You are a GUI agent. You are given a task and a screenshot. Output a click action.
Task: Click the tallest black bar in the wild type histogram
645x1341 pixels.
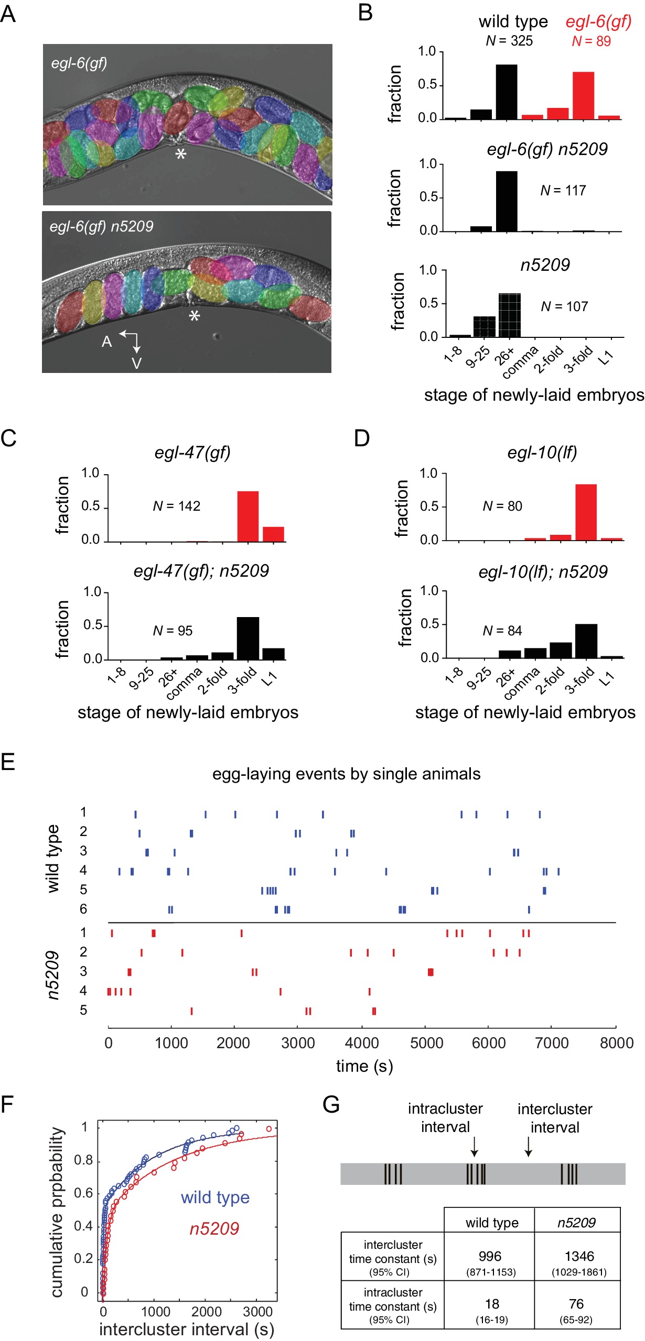click(506, 92)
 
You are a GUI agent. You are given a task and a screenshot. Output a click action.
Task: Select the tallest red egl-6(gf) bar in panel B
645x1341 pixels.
click(583, 95)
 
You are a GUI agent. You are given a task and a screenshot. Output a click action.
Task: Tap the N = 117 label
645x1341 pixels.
click(563, 191)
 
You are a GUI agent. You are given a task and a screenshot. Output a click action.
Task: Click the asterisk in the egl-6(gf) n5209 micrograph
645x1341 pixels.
click(195, 316)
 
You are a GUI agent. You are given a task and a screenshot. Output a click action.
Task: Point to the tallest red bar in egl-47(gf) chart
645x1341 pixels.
click(248, 516)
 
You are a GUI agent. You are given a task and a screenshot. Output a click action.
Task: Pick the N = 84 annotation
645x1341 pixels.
click(502, 631)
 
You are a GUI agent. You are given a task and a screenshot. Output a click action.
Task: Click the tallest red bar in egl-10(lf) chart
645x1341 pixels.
click(586, 512)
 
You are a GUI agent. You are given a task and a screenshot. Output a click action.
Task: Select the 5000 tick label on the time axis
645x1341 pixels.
click(426, 1043)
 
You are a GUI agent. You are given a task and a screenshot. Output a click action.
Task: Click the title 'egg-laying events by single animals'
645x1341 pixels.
click(346, 774)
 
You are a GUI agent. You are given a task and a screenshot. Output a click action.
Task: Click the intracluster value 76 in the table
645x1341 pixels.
click(576, 1304)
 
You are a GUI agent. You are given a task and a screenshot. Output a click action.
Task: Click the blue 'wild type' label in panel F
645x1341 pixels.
click(215, 1197)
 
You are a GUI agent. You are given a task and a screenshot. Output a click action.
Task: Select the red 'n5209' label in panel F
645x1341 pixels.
click(214, 1228)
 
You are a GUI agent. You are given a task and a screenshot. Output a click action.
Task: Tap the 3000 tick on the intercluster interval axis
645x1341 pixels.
click(257, 1312)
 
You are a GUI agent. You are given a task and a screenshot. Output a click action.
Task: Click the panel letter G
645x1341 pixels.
click(331, 1105)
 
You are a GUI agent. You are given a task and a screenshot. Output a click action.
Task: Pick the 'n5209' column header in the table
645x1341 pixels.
click(576, 1223)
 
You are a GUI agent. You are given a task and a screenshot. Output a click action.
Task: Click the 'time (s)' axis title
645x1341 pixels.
click(364, 1066)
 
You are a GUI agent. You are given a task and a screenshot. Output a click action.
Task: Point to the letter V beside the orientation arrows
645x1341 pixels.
click(136, 363)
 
